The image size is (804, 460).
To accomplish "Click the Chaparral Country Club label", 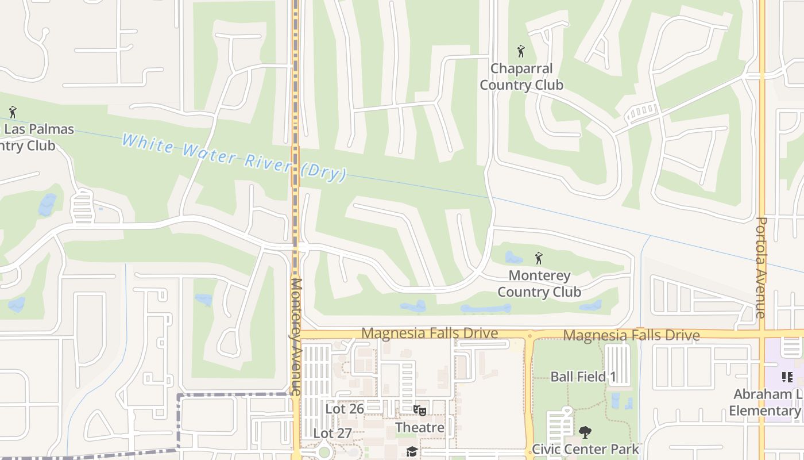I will (521, 77).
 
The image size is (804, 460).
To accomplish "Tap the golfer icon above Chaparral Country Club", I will (521, 51).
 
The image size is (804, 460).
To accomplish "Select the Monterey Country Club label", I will (539, 284).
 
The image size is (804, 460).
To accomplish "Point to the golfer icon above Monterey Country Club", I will (539, 258).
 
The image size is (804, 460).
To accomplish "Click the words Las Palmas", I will (39, 129).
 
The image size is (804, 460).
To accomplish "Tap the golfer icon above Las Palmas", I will (13, 112).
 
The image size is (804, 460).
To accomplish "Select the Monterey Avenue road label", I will (296, 336).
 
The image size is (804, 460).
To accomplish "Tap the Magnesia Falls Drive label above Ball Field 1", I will (631, 335).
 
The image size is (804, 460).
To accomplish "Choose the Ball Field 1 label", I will (583, 377).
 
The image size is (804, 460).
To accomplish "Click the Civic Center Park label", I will (585, 449).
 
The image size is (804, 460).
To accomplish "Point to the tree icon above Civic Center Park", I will (585, 432).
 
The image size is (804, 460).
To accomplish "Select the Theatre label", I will (420, 428).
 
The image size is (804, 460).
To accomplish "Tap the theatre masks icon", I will (420, 410).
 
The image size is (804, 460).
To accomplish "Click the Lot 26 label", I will (345, 409).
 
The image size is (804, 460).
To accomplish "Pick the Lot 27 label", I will (333, 433).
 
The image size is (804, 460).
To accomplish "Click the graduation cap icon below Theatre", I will (411, 451).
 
